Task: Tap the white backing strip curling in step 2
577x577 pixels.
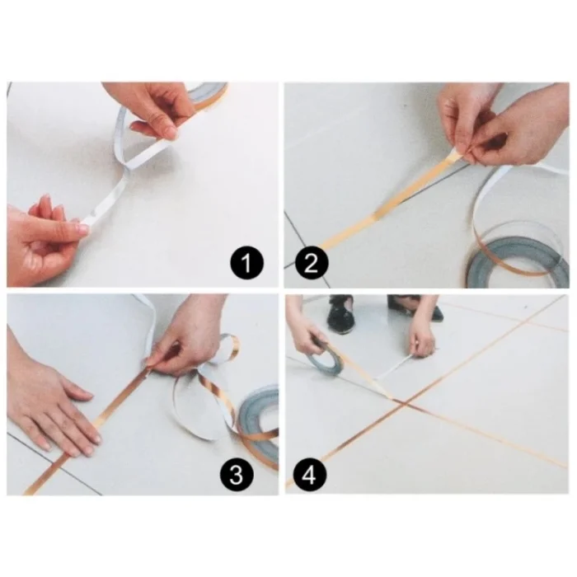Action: point(495,198)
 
